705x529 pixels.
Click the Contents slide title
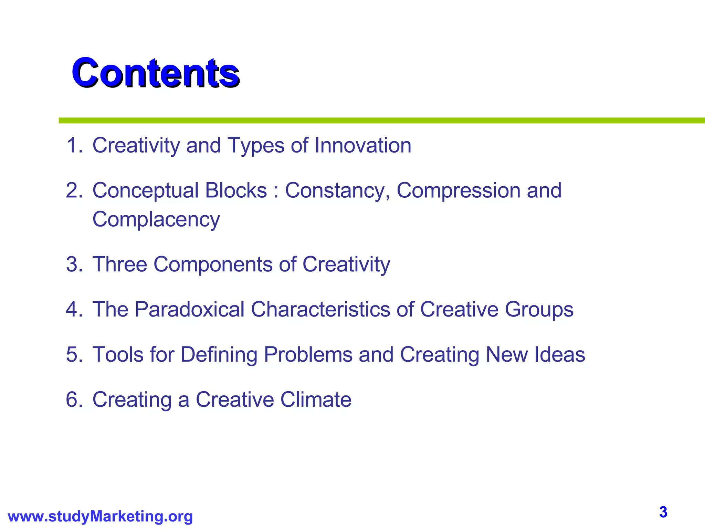click(x=155, y=73)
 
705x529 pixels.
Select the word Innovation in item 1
click(x=363, y=145)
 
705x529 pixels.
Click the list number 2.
click(x=74, y=190)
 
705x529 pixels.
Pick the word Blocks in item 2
click(x=236, y=190)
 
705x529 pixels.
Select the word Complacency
click(x=156, y=220)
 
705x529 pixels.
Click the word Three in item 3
click(x=120, y=264)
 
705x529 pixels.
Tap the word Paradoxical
click(x=189, y=309)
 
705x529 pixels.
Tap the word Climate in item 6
click(x=316, y=400)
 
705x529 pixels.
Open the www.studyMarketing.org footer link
click(x=100, y=517)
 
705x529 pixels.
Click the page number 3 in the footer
click(x=663, y=512)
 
